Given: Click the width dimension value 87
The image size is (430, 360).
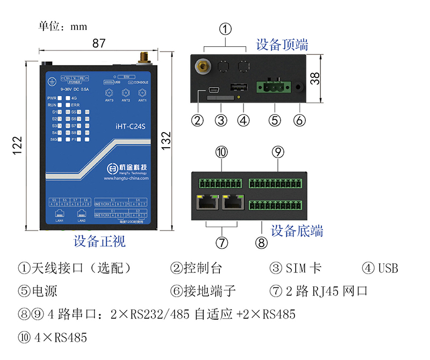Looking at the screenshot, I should (98, 44).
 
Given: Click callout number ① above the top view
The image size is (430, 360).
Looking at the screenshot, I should (226, 28).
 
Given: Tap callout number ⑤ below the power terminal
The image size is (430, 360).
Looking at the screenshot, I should (275, 120).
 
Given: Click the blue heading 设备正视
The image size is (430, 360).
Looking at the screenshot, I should (99, 241).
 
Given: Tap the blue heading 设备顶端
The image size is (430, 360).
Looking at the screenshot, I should (282, 45).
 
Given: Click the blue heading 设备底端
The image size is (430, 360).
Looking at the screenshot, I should (297, 231).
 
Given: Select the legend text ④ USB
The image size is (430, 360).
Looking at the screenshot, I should (380, 268).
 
